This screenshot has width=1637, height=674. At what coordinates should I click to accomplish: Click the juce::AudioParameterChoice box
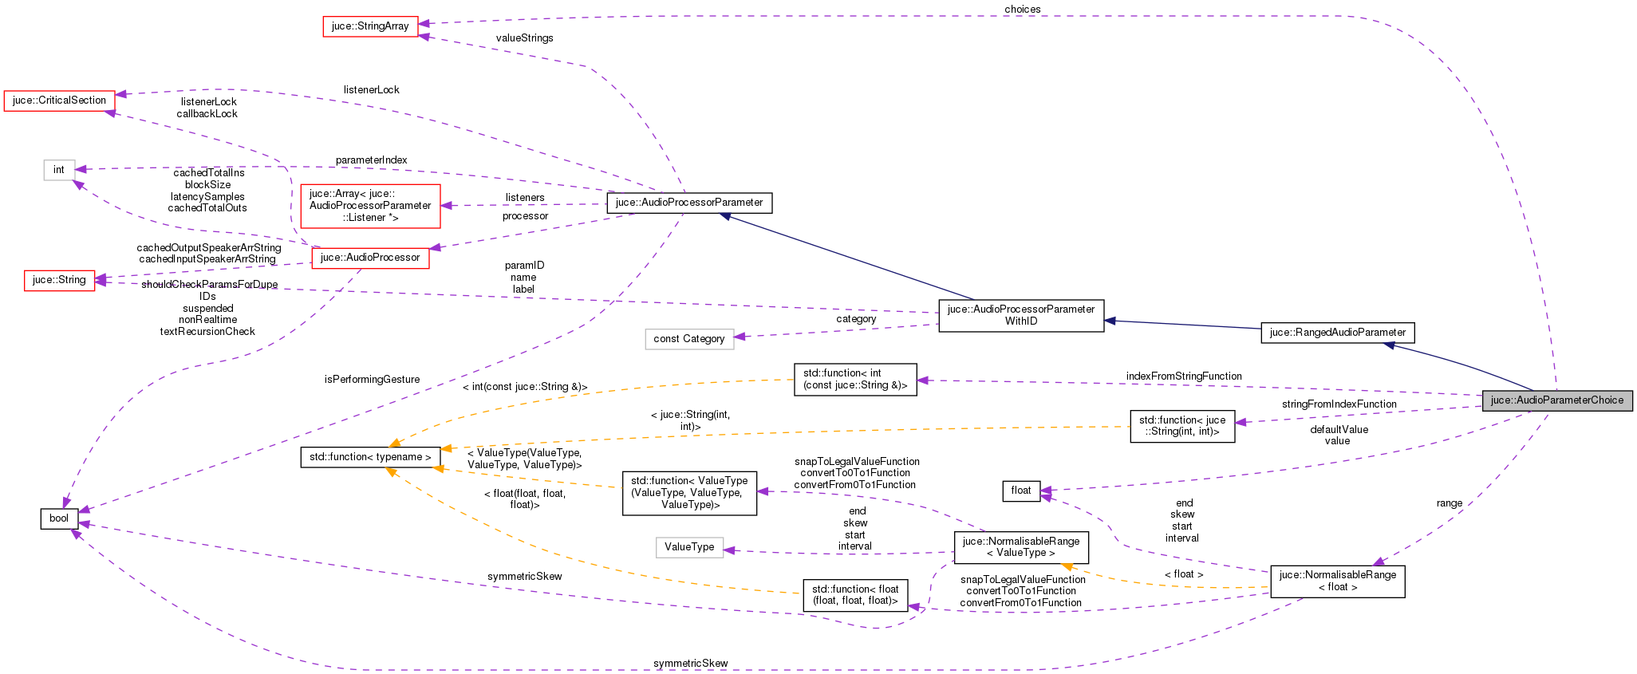1557,400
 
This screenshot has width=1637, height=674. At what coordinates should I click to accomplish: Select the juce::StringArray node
370,26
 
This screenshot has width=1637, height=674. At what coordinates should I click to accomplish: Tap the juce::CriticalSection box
59,101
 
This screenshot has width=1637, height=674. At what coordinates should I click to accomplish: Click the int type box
59,170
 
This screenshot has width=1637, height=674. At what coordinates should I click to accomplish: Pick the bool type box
59,518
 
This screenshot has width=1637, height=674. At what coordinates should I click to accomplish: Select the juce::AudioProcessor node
370,258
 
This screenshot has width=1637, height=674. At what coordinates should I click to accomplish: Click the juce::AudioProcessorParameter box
689,203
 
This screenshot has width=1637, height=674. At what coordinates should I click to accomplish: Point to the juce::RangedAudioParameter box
1337,333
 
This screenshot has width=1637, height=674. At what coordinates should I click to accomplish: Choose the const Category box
688,339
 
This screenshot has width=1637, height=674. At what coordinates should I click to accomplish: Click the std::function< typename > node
370,457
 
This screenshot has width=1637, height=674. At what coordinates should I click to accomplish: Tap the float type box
1021,491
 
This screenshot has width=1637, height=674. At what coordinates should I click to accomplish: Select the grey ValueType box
689,547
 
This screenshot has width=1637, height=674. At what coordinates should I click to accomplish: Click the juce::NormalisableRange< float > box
1337,581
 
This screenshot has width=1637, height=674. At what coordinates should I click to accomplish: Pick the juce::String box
59,280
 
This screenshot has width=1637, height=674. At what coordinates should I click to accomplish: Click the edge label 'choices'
1022,10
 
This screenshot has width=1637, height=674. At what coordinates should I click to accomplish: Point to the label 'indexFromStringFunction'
1184,376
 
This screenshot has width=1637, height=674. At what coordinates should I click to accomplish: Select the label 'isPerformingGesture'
372,380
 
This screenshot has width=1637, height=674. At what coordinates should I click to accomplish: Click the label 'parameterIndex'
371,160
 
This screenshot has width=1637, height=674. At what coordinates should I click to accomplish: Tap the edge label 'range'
1449,503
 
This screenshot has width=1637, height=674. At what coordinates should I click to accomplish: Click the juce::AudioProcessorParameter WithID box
1021,315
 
